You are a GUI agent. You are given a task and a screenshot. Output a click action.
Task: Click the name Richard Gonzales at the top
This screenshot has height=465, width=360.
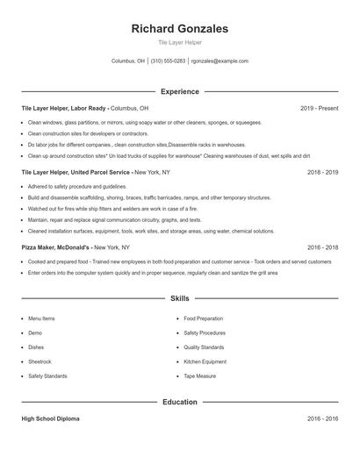pyautogui.click(x=179, y=28)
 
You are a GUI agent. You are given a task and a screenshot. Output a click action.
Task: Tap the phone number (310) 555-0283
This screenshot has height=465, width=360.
pyautogui.click(x=168, y=61)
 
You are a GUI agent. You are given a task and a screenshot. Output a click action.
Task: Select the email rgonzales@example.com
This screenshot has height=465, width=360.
pyautogui.click(x=220, y=61)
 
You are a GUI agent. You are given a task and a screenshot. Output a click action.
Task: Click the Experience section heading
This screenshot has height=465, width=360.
pyautogui.click(x=179, y=91)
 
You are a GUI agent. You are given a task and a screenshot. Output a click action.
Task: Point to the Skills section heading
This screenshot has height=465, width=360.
pyautogui.click(x=179, y=298)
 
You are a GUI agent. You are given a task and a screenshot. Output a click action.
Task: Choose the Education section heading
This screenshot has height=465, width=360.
pyautogui.click(x=179, y=402)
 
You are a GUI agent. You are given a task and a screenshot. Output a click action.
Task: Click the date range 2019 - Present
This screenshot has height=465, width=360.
pyautogui.click(x=319, y=108)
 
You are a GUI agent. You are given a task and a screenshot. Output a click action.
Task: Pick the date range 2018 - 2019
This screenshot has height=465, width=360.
pyautogui.click(x=322, y=173)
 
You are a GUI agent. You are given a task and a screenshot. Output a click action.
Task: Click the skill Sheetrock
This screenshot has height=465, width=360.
pyautogui.click(x=40, y=361)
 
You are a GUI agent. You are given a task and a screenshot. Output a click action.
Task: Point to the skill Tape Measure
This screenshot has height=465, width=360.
pyautogui.click(x=199, y=376)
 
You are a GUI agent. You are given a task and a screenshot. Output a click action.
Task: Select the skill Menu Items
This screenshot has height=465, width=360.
pyautogui.click(x=41, y=318)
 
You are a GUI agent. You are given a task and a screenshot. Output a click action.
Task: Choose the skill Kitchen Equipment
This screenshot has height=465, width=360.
pyautogui.click(x=205, y=361)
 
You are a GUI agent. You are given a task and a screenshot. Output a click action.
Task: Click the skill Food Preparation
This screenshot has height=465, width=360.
pyautogui.click(x=203, y=318)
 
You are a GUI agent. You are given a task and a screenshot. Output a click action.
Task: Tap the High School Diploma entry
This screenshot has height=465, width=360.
pyautogui.click(x=50, y=418)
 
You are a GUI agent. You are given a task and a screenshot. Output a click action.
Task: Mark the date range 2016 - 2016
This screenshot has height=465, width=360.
pyautogui.click(x=322, y=418)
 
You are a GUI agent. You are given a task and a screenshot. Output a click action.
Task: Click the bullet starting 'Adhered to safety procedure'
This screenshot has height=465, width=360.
pyautogui.click(x=77, y=187)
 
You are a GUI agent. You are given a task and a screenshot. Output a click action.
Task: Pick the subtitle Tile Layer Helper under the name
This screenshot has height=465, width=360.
pyautogui.click(x=179, y=43)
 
